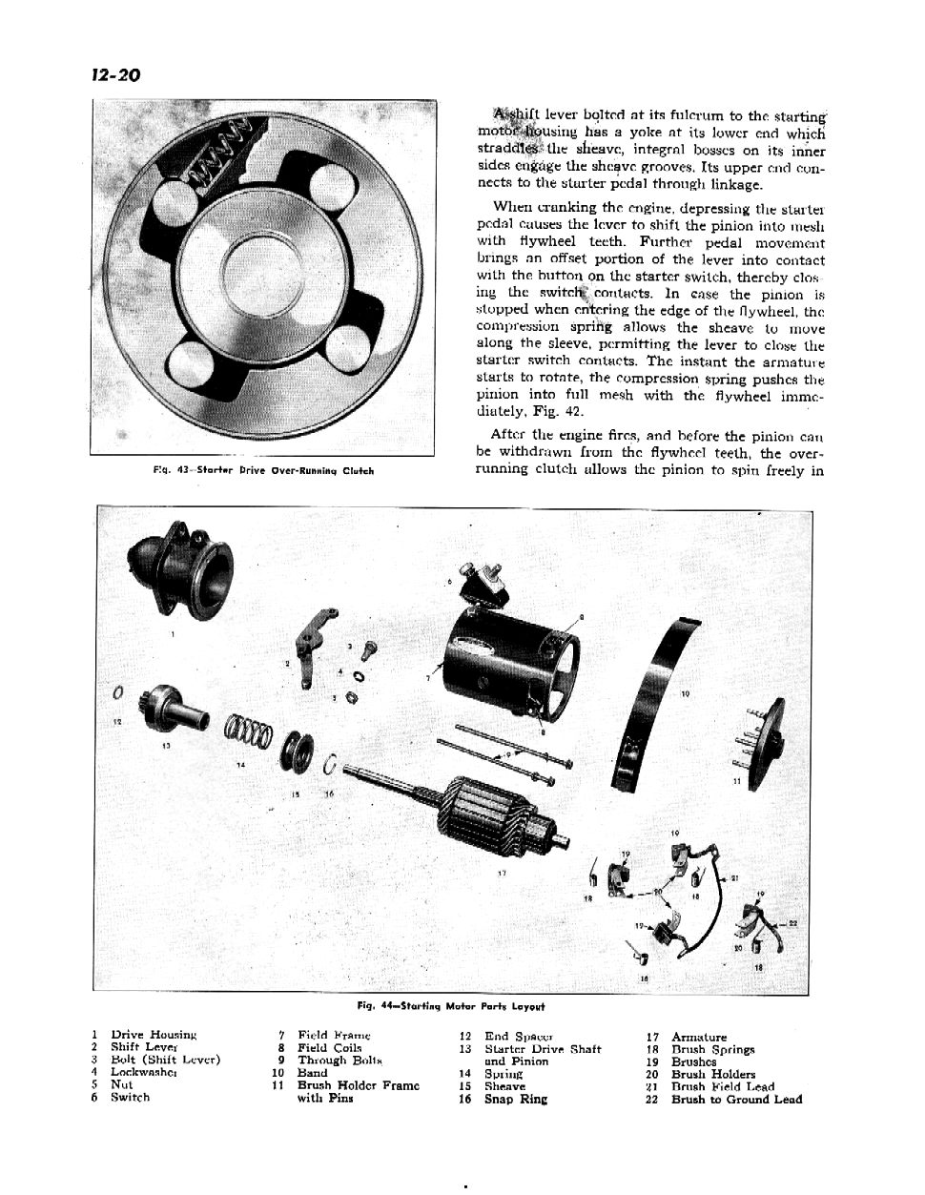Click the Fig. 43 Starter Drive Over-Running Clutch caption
tap(263, 470)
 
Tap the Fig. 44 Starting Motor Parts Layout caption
tap(450, 1005)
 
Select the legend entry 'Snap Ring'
tap(518, 1100)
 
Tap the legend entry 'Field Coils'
tap(329, 1048)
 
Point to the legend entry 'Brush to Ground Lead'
tap(736, 1100)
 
